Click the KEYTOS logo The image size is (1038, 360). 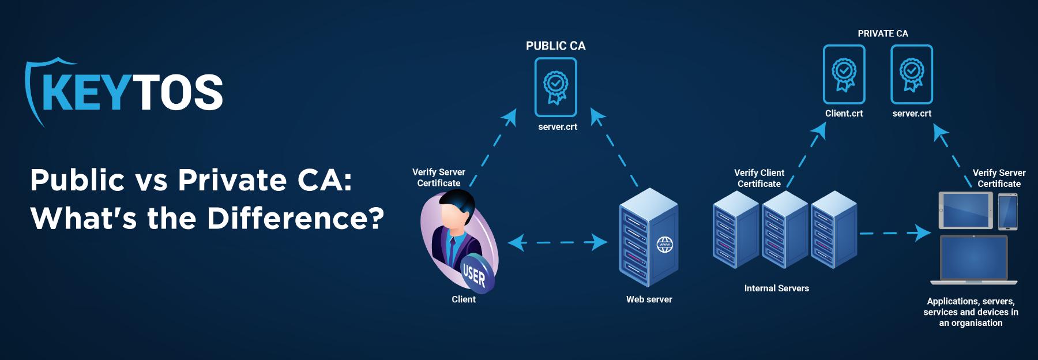(x=124, y=92)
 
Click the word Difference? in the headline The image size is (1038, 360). (x=295, y=219)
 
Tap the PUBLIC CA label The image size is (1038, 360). (x=555, y=46)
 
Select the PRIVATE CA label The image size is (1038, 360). (x=882, y=33)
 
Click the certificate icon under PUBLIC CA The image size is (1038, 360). (x=555, y=87)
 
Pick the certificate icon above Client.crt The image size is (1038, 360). (x=844, y=74)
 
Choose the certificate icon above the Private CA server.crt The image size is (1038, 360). (x=912, y=74)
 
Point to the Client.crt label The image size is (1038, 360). (x=844, y=114)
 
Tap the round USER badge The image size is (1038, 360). (x=475, y=274)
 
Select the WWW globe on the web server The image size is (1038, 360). (x=665, y=245)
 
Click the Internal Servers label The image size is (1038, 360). (x=776, y=288)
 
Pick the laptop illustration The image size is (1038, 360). (x=973, y=260)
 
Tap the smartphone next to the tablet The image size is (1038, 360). (x=1007, y=212)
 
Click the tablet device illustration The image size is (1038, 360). (x=966, y=211)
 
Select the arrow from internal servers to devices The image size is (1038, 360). (x=894, y=233)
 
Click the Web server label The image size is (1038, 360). (x=649, y=299)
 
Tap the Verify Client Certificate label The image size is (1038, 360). (x=759, y=178)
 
